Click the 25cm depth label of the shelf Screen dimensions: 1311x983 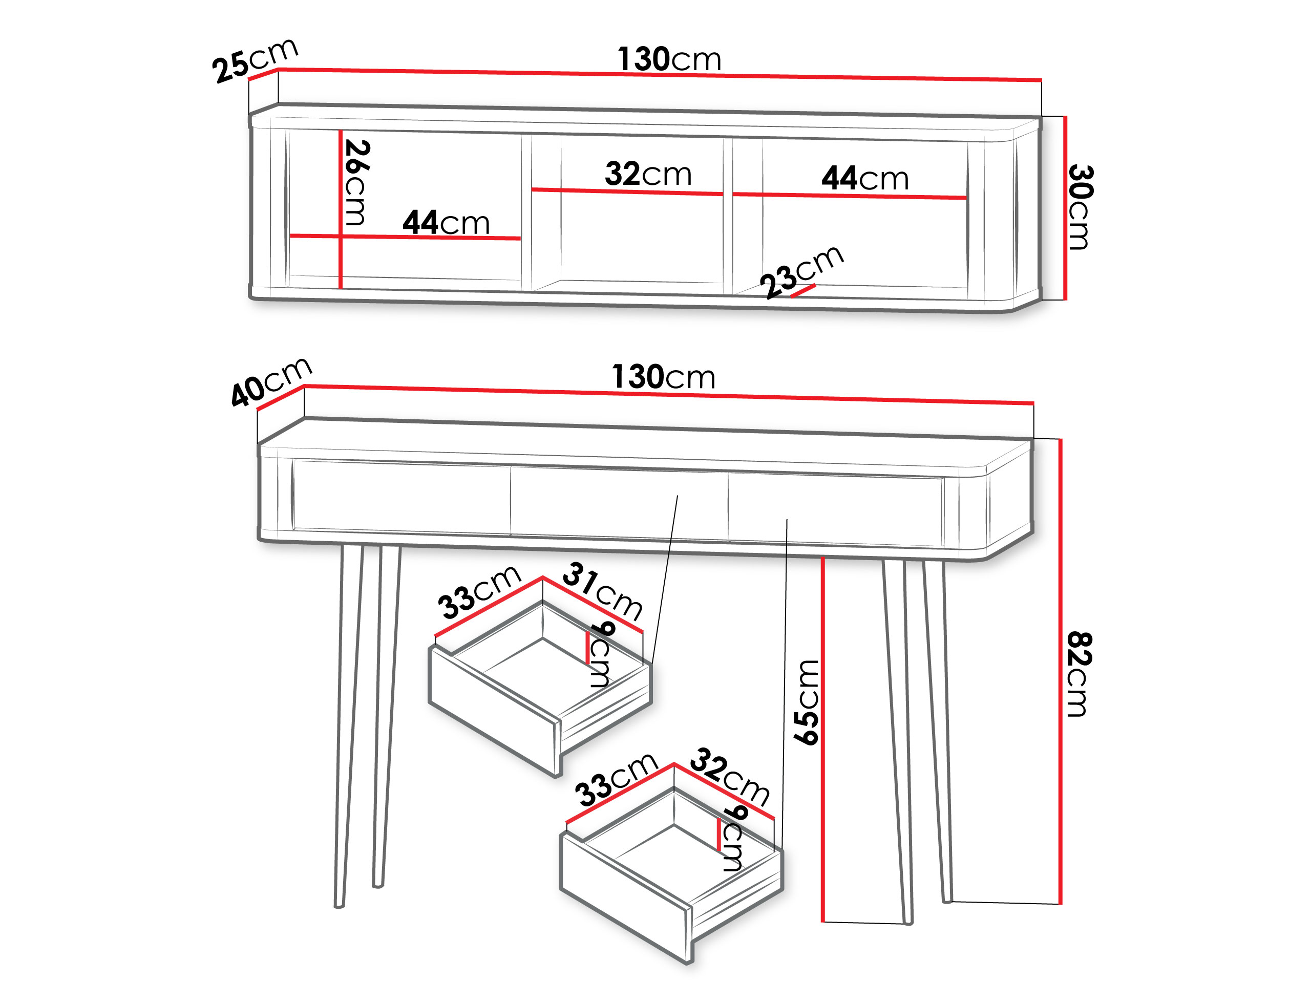coord(255,60)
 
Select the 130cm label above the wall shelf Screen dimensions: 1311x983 coord(669,59)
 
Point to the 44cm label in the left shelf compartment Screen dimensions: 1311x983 coord(446,222)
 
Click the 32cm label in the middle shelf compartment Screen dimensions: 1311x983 coord(648,174)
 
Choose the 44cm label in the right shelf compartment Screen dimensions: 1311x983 coord(865,178)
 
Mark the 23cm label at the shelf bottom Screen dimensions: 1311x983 coord(802,271)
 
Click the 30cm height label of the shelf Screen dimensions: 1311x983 coord(1080,207)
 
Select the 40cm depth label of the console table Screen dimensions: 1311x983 coord(271,381)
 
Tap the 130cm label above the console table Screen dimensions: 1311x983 coord(663,377)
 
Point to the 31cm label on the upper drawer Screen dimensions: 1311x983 coord(602,591)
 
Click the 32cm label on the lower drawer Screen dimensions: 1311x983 coord(730,776)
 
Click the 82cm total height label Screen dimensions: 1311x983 coord(1079,674)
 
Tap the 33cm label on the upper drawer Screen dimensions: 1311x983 coord(479,592)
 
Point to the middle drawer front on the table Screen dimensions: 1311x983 coord(619,504)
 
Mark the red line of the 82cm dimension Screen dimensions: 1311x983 coord(1060,671)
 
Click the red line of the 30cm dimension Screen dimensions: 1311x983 coord(1065,207)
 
